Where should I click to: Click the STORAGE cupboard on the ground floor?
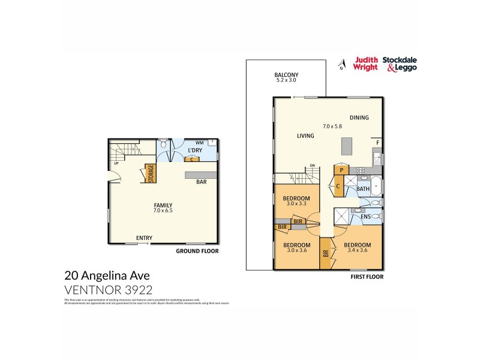click(x=151, y=173)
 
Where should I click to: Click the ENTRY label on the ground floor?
click(x=143, y=238)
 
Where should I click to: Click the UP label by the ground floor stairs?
click(x=115, y=163)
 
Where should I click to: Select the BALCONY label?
click(x=287, y=75)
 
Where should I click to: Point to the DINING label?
click(x=359, y=118)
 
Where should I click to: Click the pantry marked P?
click(x=341, y=170)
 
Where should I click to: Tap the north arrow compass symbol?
click(x=341, y=65)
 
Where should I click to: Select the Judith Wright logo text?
click(x=366, y=64)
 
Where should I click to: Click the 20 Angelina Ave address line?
click(x=107, y=276)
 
